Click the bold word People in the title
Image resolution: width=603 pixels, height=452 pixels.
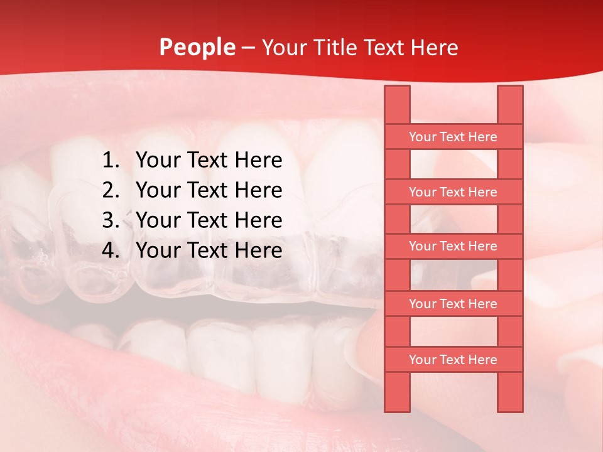[197, 47]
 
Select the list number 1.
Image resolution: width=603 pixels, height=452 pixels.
[110, 161]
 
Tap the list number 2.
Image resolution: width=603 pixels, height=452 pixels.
[110, 190]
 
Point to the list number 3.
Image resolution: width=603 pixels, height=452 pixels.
[110, 220]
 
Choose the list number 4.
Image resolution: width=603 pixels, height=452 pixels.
[110, 250]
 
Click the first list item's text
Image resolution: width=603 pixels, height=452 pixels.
[209, 161]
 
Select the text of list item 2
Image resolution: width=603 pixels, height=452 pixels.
[209, 190]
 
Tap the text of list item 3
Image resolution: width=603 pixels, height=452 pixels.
[209, 220]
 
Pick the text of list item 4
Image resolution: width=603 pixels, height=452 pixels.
[209, 250]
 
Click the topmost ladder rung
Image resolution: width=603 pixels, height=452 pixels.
[453, 137]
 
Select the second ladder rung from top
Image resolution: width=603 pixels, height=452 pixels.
[453, 192]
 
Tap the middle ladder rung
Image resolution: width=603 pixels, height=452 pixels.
[453, 247]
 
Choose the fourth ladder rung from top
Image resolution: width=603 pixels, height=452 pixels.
[453, 304]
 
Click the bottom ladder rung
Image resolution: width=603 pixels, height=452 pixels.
[453, 360]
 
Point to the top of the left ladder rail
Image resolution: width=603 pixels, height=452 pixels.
[397, 90]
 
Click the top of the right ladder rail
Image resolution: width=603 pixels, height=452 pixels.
[510, 90]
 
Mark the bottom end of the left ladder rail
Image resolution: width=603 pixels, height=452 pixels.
[397, 407]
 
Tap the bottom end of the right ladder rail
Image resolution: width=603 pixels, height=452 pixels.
[510, 407]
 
